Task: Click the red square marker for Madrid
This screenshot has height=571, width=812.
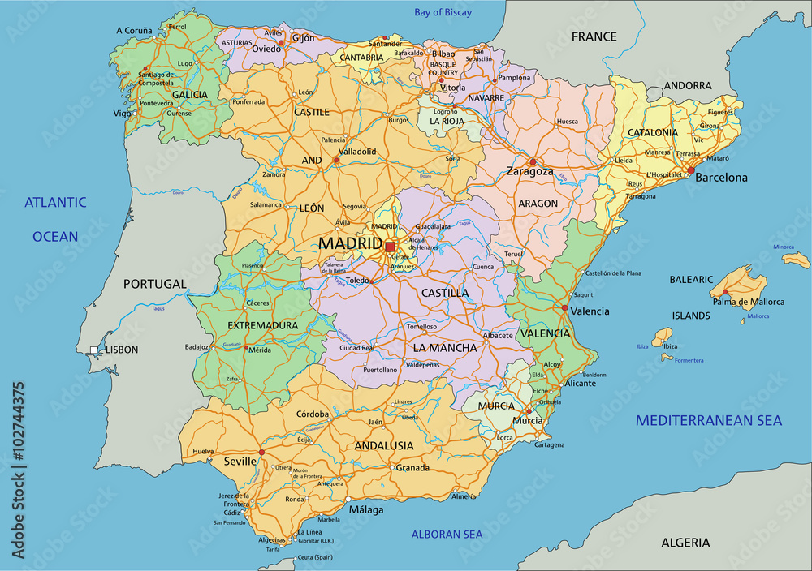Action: (390, 246)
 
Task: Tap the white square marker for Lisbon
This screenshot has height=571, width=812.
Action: (94, 350)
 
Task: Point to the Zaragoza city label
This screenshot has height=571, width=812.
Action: (529, 172)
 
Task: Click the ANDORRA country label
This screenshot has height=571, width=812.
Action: (688, 85)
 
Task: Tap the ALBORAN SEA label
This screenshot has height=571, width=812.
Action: (447, 534)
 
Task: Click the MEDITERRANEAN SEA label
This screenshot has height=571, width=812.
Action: (709, 420)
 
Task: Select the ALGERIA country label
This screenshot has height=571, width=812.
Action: (685, 543)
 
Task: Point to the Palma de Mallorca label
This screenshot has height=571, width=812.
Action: (749, 302)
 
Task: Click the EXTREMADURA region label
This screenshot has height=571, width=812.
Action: (251, 325)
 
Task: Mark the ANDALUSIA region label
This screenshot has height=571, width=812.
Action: (384, 445)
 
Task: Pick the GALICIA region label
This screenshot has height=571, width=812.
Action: (189, 94)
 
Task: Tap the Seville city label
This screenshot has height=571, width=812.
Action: (240, 462)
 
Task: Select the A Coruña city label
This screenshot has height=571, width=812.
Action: (134, 31)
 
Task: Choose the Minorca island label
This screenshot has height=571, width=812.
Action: (784, 247)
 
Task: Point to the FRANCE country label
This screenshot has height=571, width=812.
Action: (594, 36)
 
